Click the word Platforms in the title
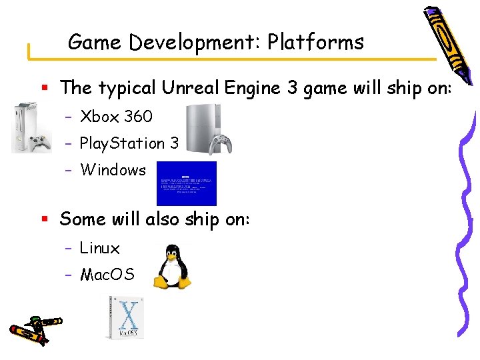(x=315, y=43)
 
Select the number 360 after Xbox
(x=138, y=117)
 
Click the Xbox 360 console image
(x=31, y=127)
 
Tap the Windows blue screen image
(x=187, y=183)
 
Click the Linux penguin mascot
(x=173, y=265)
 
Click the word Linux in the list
(x=100, y=249)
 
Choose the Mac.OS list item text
(x=107, y=274)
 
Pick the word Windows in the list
(x=113, y=170)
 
